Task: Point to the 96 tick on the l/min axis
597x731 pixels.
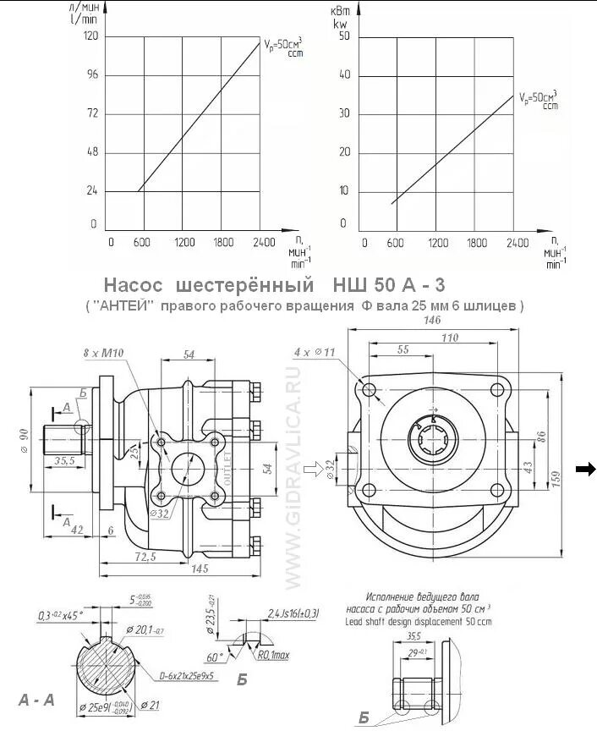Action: [x=91, y=75]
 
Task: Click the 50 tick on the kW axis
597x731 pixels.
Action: [x=343, y=36]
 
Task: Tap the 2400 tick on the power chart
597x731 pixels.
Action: [x=517, y=243]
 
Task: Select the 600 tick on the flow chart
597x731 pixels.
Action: [x=141, y=243]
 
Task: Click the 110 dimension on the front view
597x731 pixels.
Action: [x=451, y=338]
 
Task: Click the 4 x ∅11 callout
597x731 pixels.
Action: [x=315, y=351]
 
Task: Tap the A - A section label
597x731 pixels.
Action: [x=36, y=699]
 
